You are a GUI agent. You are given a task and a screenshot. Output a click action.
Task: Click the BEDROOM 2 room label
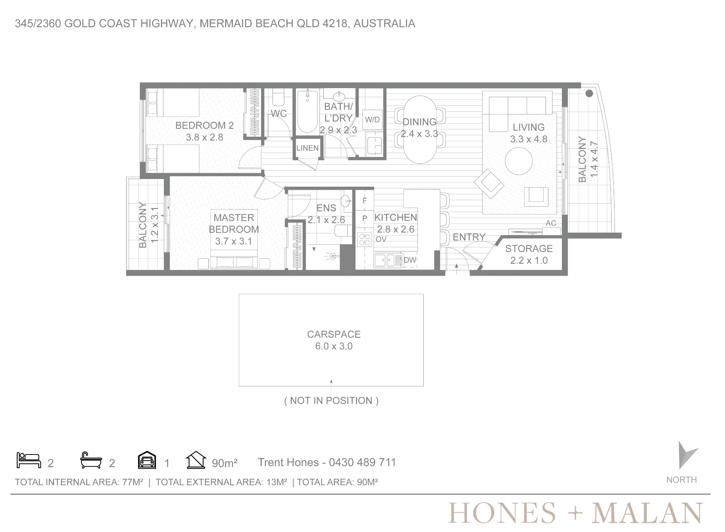point(204,125)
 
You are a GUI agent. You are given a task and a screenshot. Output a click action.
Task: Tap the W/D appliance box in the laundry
point(372,120)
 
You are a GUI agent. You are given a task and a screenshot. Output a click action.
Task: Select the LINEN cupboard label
point(307,148)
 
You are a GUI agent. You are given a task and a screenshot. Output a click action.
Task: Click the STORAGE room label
point(529,249)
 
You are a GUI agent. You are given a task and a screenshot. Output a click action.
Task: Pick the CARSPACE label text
point(334,334)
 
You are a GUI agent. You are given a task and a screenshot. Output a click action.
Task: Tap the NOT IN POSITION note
point(331,400)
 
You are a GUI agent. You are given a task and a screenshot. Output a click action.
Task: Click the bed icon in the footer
point(29,460)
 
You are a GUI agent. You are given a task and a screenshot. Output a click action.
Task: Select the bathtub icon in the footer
point(91,460)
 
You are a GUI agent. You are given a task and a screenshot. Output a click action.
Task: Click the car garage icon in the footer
point(147,460)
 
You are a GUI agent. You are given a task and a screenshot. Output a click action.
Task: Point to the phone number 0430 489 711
point(362,462)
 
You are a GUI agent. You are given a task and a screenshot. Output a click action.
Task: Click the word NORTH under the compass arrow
point(681,480)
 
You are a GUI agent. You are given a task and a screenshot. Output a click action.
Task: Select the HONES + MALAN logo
point(576,513)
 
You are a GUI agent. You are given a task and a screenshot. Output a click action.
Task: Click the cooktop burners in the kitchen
point(365,240)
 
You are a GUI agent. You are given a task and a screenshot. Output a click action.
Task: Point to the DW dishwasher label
point(410,260)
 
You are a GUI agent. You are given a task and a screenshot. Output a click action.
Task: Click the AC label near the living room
point(551,223)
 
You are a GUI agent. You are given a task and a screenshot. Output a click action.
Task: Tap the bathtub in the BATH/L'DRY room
point(307,111)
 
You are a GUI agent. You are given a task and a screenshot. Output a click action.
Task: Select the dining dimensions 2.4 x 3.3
point(419,134)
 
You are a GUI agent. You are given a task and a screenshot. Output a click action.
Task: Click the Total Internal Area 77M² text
point(79,482)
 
